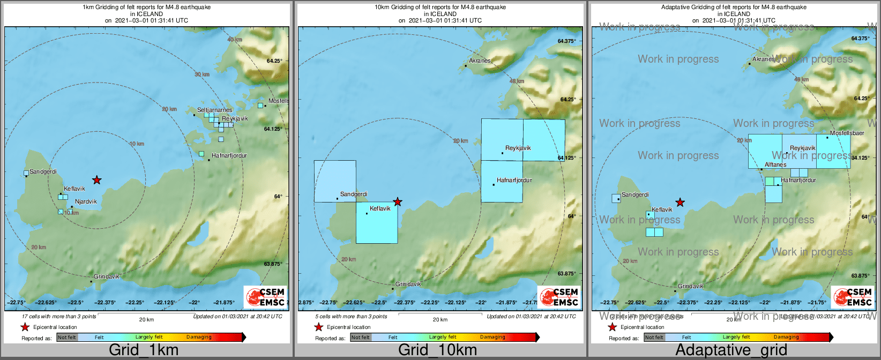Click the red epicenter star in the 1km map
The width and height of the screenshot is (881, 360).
tap(96, 180)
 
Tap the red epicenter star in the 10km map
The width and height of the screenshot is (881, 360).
tap(398, 202)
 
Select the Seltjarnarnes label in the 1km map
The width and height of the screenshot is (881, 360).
tap(214, 110)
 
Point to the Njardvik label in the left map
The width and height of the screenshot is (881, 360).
tap(86, 202)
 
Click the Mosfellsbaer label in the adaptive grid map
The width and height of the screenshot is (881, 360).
tap(847, 133)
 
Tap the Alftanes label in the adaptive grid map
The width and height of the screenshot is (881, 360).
tap(775, 164)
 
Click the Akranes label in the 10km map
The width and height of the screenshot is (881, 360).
tap(480, 61)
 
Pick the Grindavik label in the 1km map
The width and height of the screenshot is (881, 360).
tap(107, 276)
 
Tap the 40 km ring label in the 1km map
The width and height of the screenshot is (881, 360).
tap(234, 40)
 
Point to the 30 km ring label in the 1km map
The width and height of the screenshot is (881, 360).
tap(201, 74)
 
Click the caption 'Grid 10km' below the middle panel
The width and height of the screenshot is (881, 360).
tap(437, 350)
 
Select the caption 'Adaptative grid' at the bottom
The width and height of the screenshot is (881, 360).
tap(731, 350)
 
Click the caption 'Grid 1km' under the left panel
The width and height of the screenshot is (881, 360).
tap(144, 350)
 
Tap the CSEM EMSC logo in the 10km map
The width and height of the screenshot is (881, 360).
tap(558, 297)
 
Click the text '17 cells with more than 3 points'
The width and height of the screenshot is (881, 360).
tap(59, 317)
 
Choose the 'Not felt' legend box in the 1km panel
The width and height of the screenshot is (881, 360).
tap(67, 337)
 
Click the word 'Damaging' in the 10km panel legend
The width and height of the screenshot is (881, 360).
tap(492, 337)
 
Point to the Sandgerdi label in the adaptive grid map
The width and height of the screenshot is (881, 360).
tap(635, 195)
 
